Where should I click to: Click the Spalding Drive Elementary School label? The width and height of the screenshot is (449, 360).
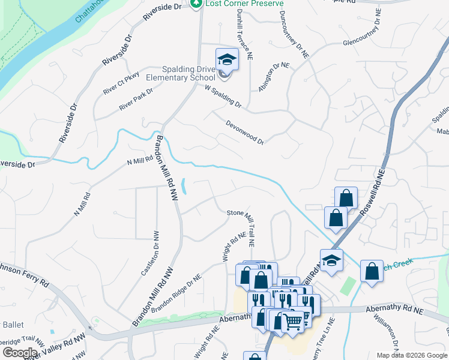click(x=188, y=74)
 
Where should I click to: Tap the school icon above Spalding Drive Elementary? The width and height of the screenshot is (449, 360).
click(x=227, y=59)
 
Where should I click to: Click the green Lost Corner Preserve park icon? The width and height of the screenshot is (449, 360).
click(x=196, y=4)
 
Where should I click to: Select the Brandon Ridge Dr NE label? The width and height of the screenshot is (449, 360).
click(x=176, y=293)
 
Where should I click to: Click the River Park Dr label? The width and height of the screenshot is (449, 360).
click(x=136, y=98)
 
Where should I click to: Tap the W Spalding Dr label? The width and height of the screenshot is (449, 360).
click(x=223, y=96)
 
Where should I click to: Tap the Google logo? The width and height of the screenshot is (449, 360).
click(x=20, y=353)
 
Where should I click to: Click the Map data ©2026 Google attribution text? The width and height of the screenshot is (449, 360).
click(x=412, y=355)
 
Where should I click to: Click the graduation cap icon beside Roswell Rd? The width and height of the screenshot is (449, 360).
click(x=331, y=260)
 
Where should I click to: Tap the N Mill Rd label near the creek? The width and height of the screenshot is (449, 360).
click(x=140, y=161)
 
